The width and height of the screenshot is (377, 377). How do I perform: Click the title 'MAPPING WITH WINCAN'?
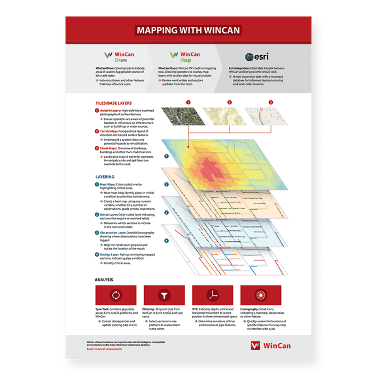click(x=188, y=30)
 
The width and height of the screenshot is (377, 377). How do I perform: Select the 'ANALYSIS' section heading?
click(x=104, y=279)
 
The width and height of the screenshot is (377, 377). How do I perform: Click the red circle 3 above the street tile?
click(x=270, y=102)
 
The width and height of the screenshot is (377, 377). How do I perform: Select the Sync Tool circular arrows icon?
click(x=116, y=296)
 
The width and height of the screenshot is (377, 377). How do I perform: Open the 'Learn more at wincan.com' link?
click(x=104, y=349)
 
